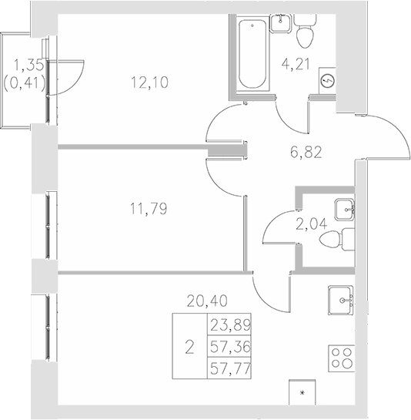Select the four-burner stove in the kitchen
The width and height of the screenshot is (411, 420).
tap(342, 357)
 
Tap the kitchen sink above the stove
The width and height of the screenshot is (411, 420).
tap(341, 298)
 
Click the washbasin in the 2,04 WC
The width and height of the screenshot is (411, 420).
tap(343, 206)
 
